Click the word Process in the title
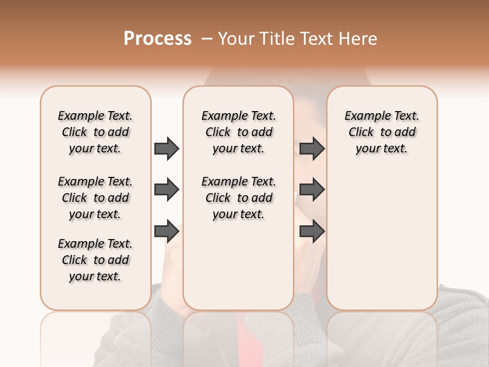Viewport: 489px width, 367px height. [x=157, y=39]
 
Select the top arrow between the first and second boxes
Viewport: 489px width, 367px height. [x=167, y=149]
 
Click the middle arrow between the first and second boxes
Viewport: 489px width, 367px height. [x=167, y=190]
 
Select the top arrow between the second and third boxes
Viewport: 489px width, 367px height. [x=312, y=149]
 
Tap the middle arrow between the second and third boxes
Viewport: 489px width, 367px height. [x=312, y=190]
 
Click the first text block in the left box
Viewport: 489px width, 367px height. [x=95, y=132]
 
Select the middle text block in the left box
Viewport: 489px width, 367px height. [x=95, y=198]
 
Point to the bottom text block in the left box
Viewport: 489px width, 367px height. [x=95, y=260]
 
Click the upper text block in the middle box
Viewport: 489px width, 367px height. [x=238, y=132]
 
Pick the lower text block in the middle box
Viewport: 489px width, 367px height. [x=238, y=198]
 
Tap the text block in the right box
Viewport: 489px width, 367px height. [x=382, y=132]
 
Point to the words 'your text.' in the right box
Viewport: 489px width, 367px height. [x=382, y=149]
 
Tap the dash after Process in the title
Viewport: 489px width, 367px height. [x=206, y=39]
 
